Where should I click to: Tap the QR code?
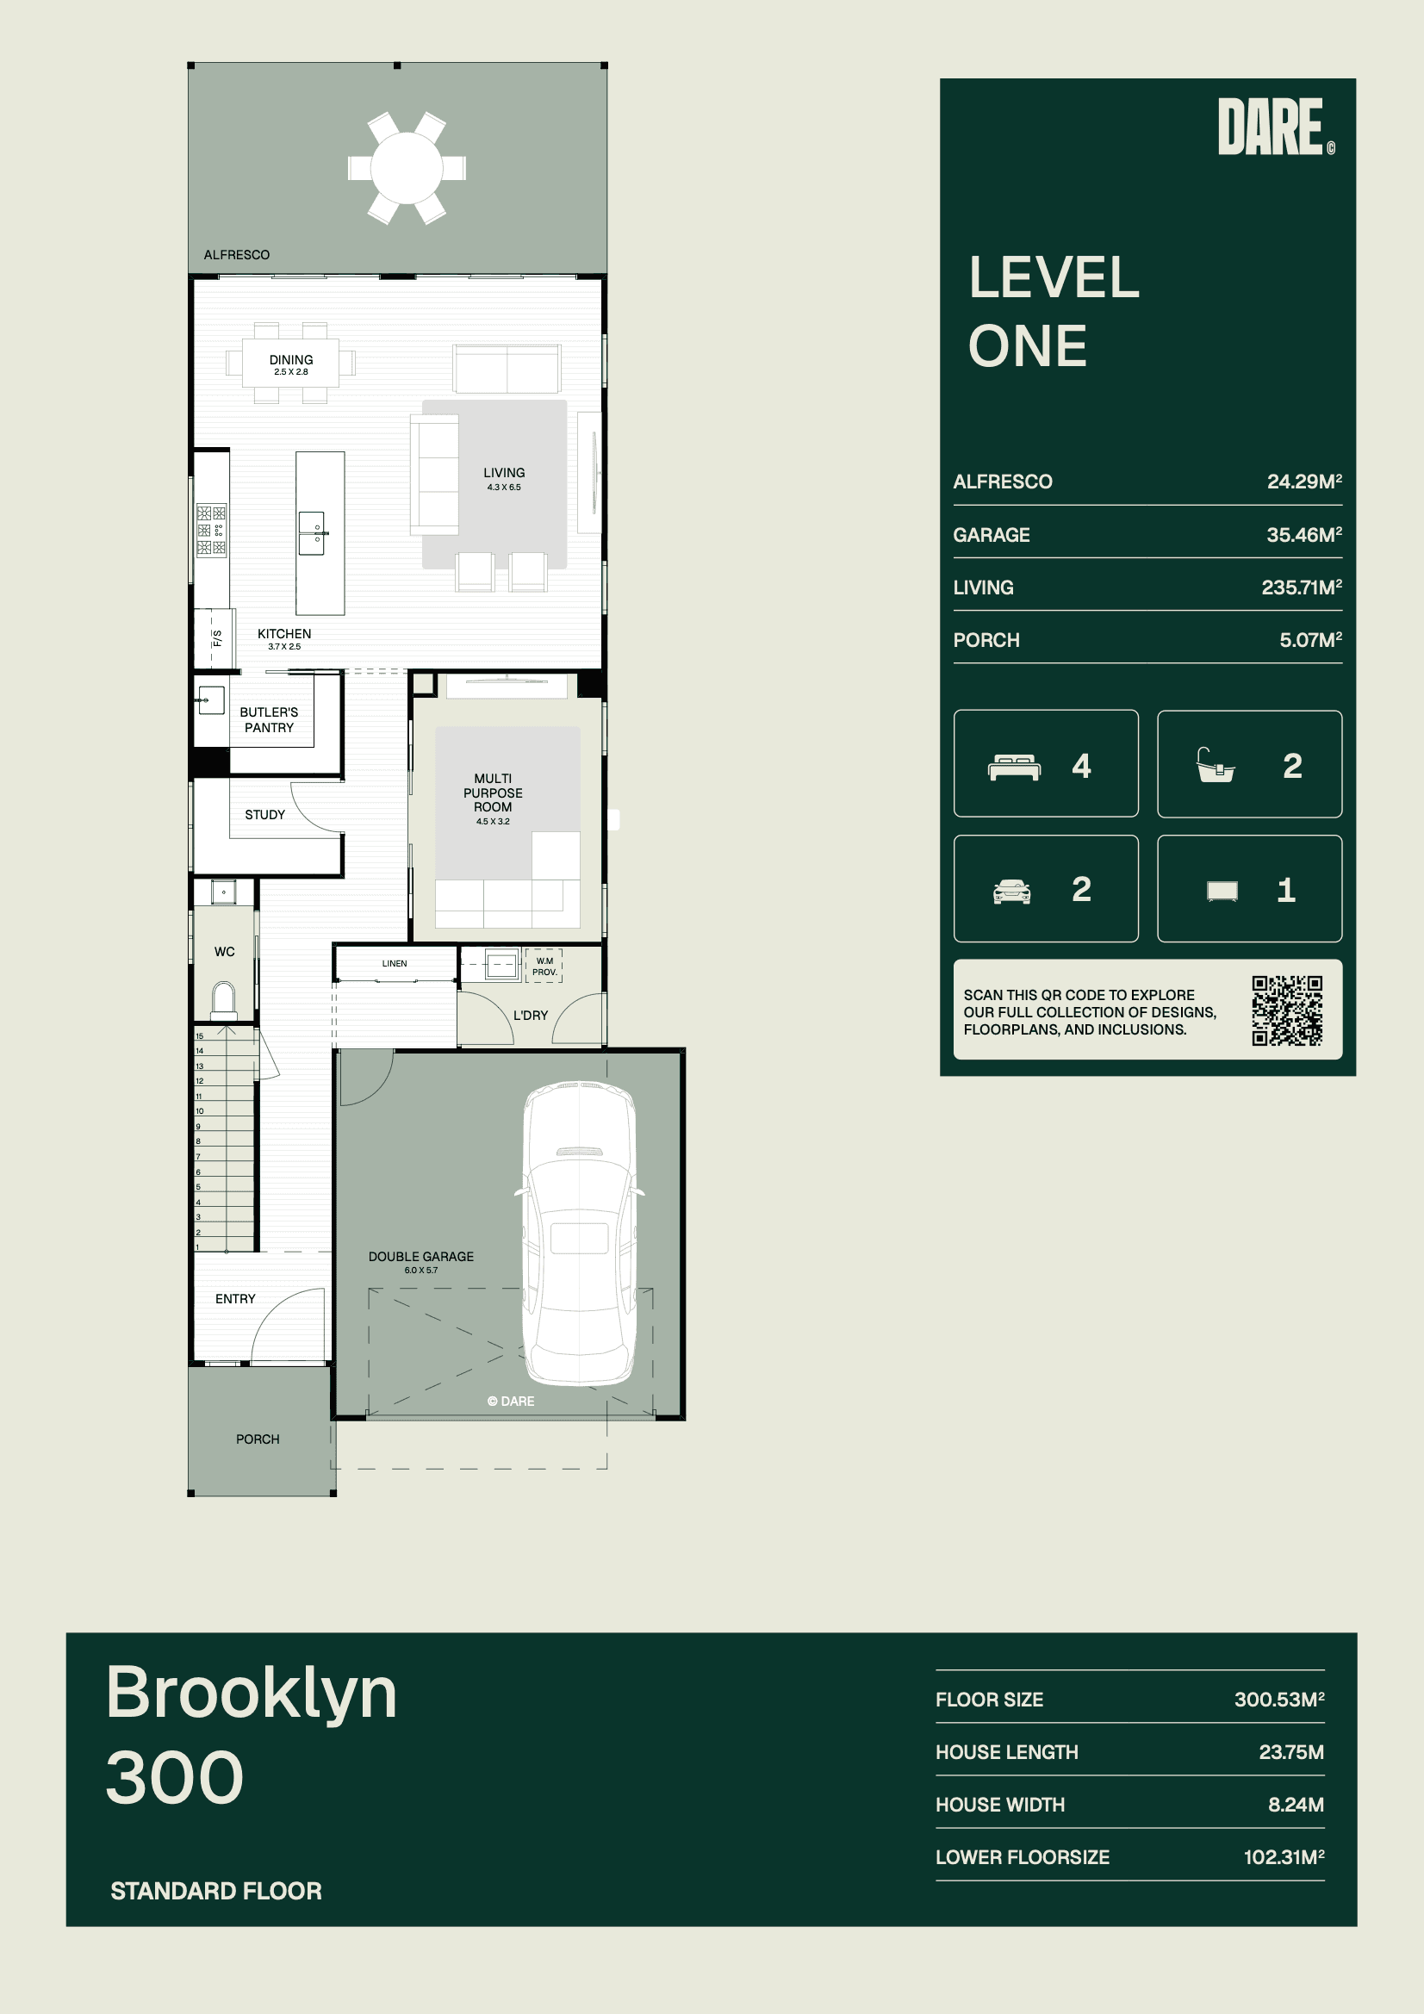click(x=1287, y=1010)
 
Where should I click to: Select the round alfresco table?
click(x=407, y=167)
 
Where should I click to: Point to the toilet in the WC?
click(x=224, y=999)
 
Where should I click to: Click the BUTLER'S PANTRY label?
click(x=270, y=720)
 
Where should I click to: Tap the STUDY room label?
click(x=265, y=815)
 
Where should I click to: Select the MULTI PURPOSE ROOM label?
click(x=493, y=793)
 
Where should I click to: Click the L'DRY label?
click(x=531, y=1016)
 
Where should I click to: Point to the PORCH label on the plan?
click(x=258, y=1439)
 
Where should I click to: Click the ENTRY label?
click(x=235, y=1299)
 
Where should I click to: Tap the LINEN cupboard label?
click(x=395, y=964)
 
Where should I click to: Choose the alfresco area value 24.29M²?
click(x=1304, y=482)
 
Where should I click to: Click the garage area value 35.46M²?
click(x=1304, y=535)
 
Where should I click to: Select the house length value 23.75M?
click(x=1291, y=1753)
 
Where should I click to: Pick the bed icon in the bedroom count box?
click(x=1014, y=767)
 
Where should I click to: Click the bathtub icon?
click(x=1216, y=765)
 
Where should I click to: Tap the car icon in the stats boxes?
click(x=1011, y=892)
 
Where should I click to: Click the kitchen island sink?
click(x=313, y=533)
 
